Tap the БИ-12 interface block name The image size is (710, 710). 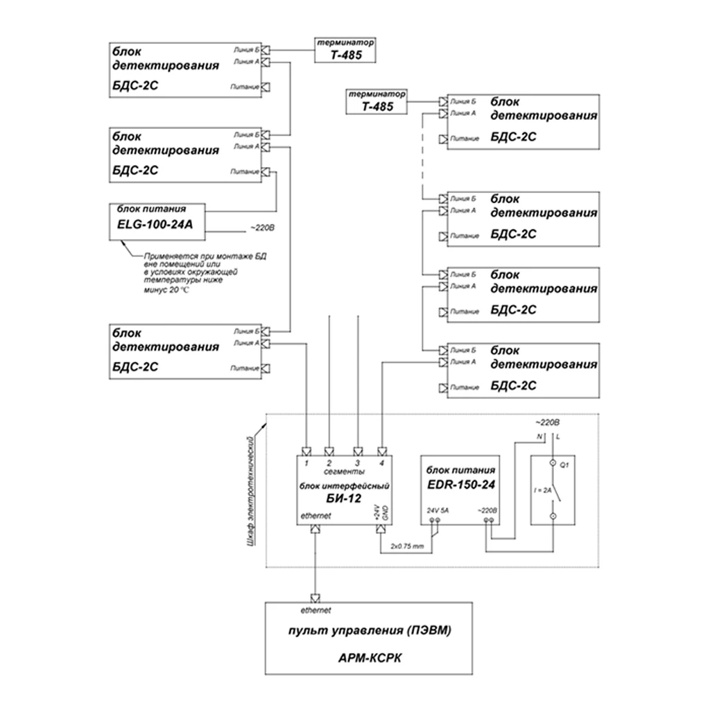click(341, 497)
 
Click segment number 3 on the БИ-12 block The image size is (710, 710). click(356, 462)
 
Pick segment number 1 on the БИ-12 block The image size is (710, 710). click(306, 462)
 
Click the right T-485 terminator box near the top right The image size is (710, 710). click(376, 103)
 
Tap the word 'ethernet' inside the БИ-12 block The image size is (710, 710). click(315, 516)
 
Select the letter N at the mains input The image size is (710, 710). click(539, 436)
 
